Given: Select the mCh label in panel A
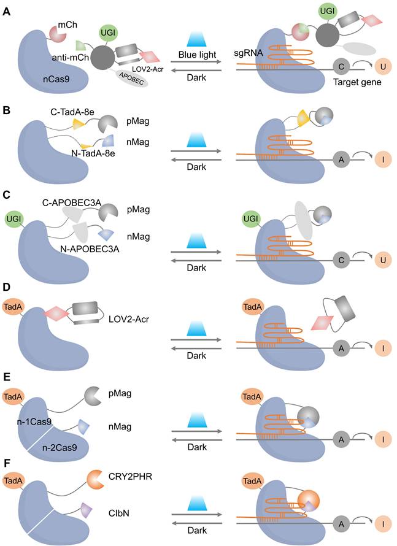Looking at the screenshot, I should (x=67, y=24).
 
